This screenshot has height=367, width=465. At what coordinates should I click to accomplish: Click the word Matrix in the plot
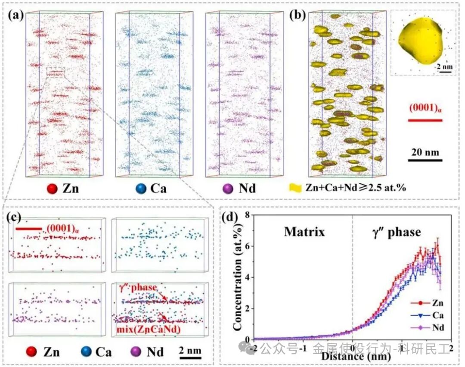point(304,232)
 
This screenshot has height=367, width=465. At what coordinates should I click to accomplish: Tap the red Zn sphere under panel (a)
point(53,188)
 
